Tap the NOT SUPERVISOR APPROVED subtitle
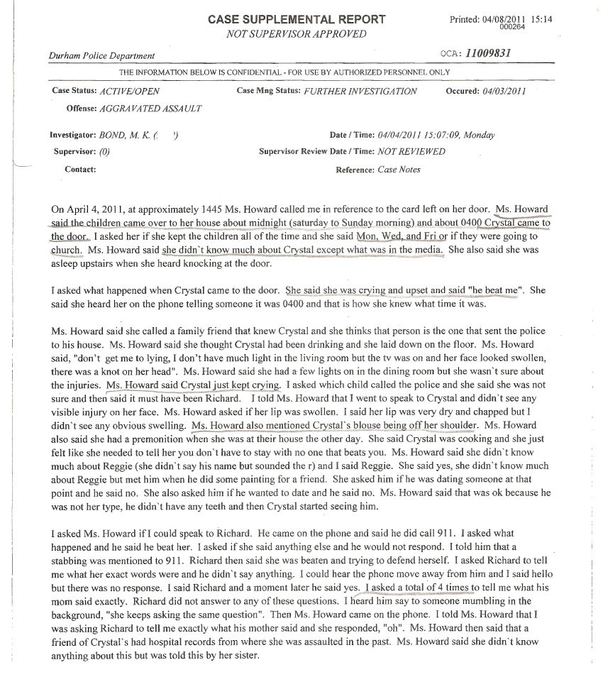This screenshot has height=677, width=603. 297,33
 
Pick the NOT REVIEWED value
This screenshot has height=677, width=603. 411,151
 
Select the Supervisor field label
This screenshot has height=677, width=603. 75,151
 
